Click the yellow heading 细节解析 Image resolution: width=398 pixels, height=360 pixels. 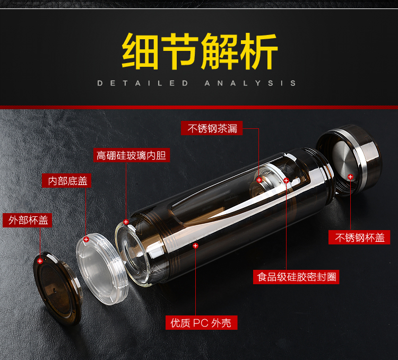(x=200, y=51)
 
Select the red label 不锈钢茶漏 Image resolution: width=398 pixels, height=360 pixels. (x=212, y=128)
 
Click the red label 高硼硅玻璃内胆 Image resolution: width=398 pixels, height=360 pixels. (x=131, y=155)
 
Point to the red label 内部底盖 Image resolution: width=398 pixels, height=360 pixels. (x=66, y=181)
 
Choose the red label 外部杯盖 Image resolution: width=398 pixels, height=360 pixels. (x=28, y=220)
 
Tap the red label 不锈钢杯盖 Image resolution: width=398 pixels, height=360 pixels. (x=359, y=238)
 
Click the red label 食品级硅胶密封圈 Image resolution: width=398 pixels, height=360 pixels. (x=296, y=277)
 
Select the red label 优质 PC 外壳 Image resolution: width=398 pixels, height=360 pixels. (x=201, y=323)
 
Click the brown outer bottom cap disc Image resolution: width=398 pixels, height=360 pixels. (x=58, y=288)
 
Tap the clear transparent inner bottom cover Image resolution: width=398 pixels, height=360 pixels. (x=102, y=269)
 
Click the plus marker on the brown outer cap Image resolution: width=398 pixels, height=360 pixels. (x=40, y=261)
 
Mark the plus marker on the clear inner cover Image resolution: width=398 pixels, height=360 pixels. (x=86, y=239)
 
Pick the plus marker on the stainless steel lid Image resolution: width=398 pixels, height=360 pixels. (x=350, y=177)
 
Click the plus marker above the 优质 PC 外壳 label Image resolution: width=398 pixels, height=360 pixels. (x=195, y=245)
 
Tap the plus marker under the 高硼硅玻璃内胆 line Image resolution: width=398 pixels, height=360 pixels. (x=126, y=222)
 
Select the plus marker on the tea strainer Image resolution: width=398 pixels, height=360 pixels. (x=259, y=180)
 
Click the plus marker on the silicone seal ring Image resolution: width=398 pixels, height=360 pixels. (x=286, y=180)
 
